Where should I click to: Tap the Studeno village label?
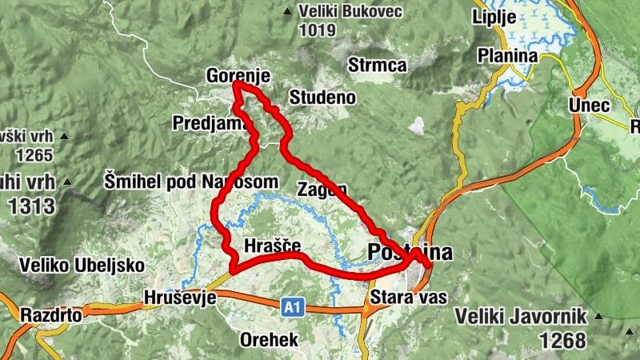(x=322, y=98)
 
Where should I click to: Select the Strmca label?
(x=378, y=66)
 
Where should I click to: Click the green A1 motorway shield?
(x=293, y=305)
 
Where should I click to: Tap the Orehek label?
(x=269, y=340)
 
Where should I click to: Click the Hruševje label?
(x=180, y=298)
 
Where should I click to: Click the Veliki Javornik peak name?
(x=522, y=316)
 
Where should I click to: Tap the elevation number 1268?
(x=562, y=339)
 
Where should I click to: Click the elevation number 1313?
(x=32, y=206)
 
